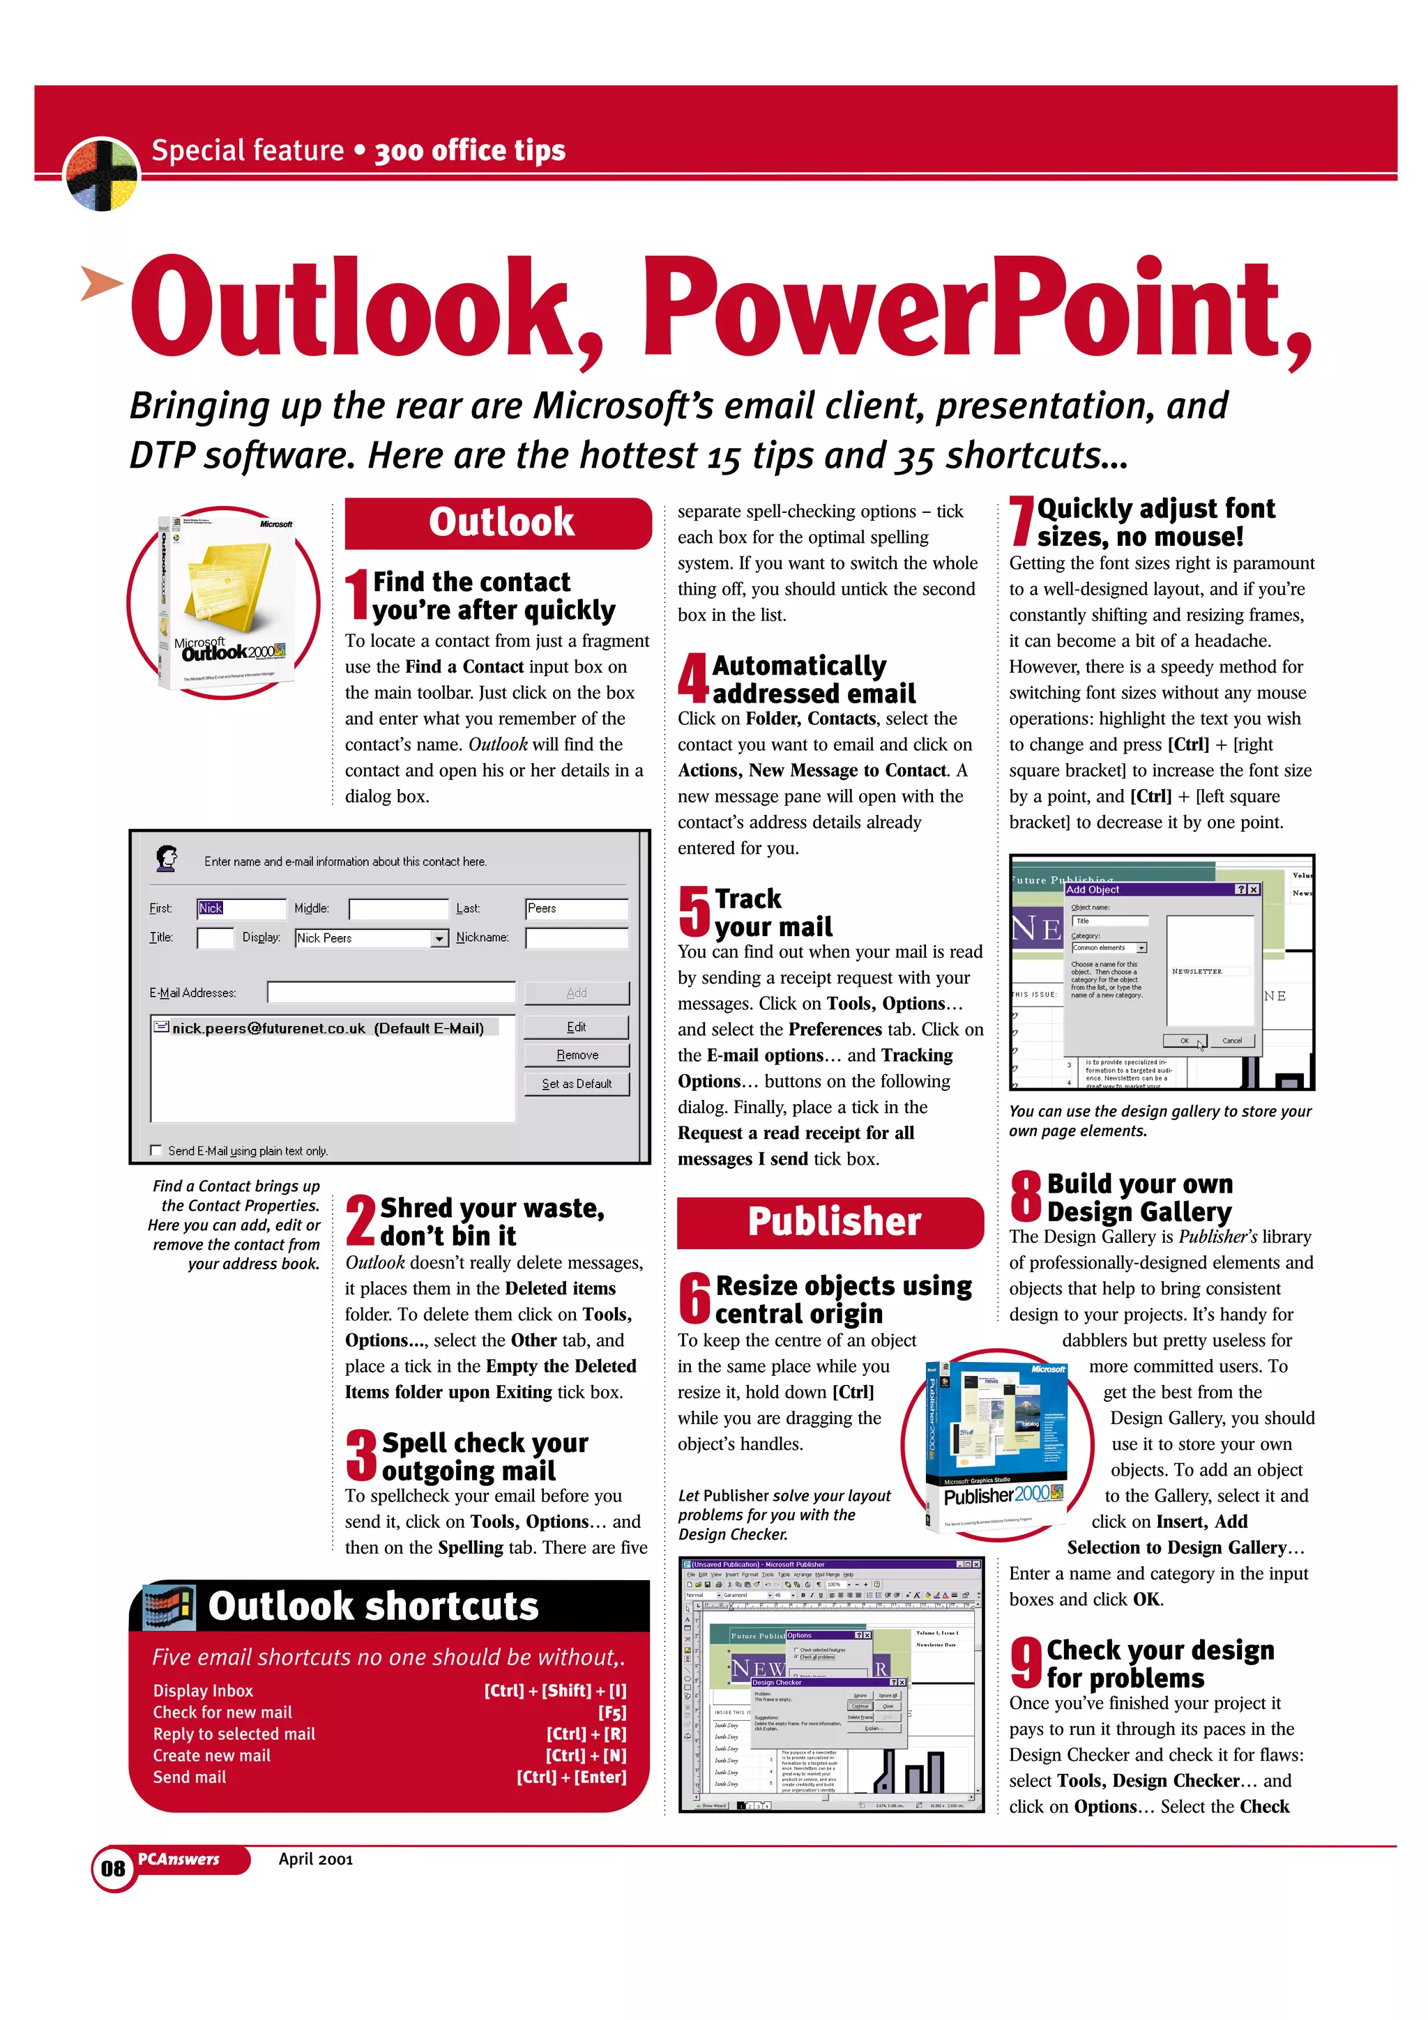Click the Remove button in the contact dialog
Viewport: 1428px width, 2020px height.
[577, 1055]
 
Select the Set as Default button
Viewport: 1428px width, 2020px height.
[577, 1084]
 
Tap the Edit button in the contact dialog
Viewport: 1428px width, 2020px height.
[577, 1027]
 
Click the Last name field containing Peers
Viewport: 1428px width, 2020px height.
[577, 909]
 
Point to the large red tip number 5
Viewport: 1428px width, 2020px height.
[694, 912]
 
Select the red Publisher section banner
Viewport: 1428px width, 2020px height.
[830, 1222]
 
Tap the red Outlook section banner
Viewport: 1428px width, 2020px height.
[498, 523]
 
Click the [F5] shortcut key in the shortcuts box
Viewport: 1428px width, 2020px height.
[612, 1712]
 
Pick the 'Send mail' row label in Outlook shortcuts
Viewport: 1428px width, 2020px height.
[190, 1777]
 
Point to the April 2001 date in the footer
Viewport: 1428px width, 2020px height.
[315, 1859]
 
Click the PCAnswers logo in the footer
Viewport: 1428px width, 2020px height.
[179, 1859]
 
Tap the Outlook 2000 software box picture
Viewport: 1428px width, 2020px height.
[225, 603]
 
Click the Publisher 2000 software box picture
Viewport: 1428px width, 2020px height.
[997, 1445]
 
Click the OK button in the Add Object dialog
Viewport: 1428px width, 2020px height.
[1183, 1041]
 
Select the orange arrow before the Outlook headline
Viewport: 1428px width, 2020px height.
[100, 282]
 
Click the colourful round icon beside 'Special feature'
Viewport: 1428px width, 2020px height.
[102, 174]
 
